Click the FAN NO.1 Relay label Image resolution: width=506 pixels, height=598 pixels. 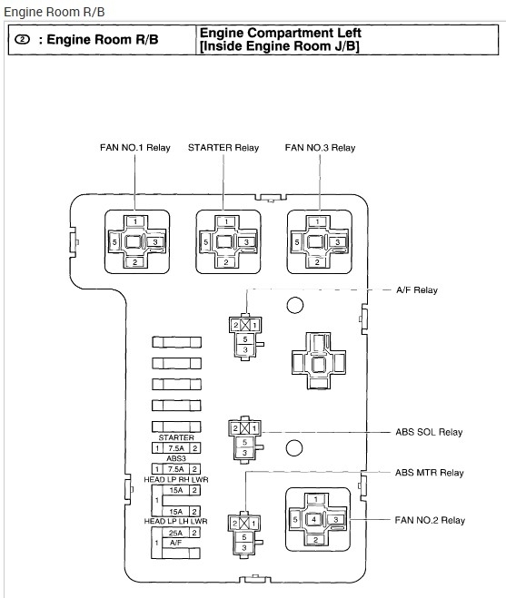[x=134, y=148]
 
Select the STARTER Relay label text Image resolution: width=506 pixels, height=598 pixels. [x=223, y=148]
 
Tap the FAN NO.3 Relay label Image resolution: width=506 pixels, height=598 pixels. [x=320, y=148]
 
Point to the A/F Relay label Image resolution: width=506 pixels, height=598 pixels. [x=417, y=290]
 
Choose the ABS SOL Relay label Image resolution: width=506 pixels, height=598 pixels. [x=429, y=432]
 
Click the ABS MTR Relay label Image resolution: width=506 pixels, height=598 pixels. [x=430, y=473]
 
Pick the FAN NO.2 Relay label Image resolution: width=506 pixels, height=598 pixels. [x=430, y=520]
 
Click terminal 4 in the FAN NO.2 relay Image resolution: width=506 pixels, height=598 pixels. [x=314, y=519]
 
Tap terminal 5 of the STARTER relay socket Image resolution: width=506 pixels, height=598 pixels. [x=206, y=242]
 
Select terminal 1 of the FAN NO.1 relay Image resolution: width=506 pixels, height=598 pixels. [x=135, y=221]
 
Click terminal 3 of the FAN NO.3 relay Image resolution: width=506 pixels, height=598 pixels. [x=337, y=242]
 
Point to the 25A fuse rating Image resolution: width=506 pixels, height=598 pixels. [x=175, y=533]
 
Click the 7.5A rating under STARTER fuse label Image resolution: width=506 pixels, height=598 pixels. [x=176, y=448]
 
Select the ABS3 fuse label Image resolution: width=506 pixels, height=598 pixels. [x=176, y=458]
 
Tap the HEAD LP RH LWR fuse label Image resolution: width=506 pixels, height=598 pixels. [x=176, y=479]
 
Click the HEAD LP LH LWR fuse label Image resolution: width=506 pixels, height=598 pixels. [x=175, y=521]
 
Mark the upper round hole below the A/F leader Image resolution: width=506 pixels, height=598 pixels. [x=295, y=305]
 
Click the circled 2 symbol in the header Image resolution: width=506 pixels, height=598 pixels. [x=22, y=39]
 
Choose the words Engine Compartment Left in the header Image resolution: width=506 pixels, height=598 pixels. [x=281, y=33]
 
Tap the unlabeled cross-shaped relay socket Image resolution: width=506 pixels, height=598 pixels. [x=319, y=361]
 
